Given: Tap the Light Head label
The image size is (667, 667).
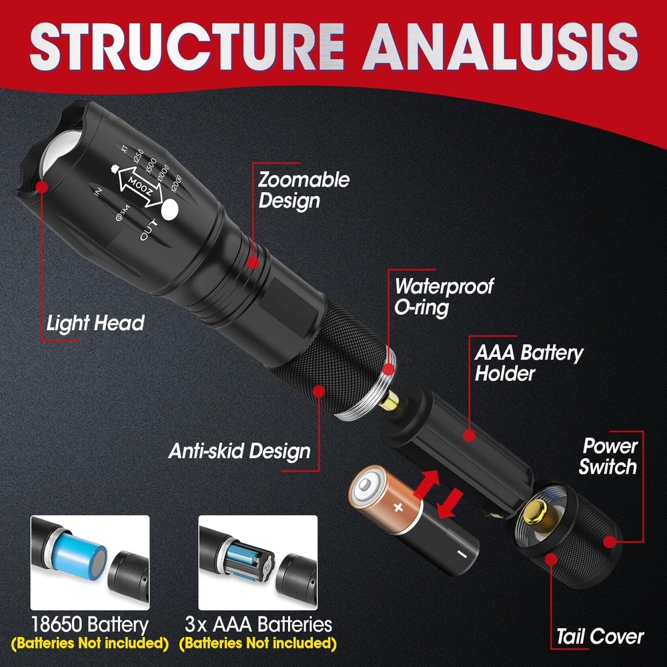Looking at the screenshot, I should click(x=95, y=324).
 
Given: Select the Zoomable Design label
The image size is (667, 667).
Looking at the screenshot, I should click(x=303, y=190).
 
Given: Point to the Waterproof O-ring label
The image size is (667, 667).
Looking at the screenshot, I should click(x=444, y=297).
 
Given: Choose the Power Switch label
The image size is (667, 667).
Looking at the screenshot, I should click(x=608, y=456).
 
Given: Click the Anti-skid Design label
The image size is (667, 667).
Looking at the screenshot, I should click(x=239, y=451).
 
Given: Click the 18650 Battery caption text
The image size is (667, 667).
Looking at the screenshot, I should click(x=91, y=625).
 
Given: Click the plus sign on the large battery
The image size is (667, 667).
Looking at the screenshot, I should click(x=398, y=508).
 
